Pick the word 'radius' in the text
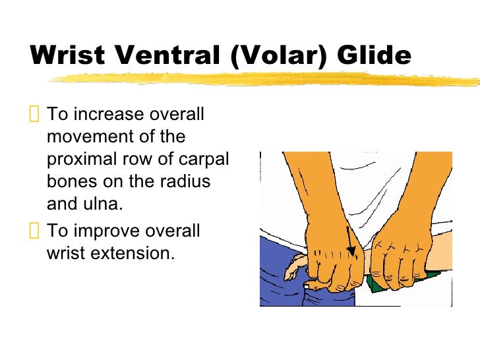point(185,182)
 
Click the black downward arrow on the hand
point(350,241)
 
